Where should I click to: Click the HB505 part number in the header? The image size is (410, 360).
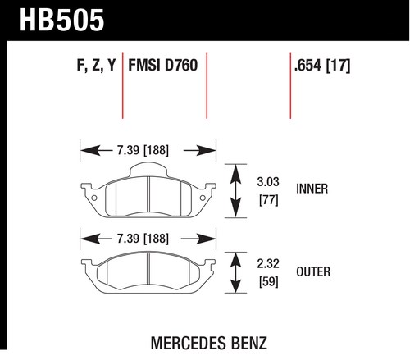(61, 20)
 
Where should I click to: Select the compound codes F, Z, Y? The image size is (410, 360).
(96, 65)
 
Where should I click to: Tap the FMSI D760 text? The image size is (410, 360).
(163, 65)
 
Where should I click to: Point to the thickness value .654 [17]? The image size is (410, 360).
(322, 66)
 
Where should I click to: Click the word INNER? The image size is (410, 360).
(312, 189)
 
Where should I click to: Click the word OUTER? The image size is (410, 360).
(313, 271)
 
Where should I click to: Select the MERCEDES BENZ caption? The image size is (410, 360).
(209, 343)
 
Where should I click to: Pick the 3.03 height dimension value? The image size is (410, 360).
(268, 182)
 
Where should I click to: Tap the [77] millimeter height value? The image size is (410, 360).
(269, 200)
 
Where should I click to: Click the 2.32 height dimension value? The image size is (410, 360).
(268, 263)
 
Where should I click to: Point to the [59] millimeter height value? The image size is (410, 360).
(269, 282)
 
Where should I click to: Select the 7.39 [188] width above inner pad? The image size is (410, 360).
(143, 150)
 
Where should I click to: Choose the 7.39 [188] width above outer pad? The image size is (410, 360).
(143, 239)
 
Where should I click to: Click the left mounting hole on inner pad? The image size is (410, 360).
(93, 198)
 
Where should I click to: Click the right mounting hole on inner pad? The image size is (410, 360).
(203, 198)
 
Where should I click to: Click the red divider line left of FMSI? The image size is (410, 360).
(123, 86)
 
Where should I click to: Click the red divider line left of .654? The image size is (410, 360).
(290, 86)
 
